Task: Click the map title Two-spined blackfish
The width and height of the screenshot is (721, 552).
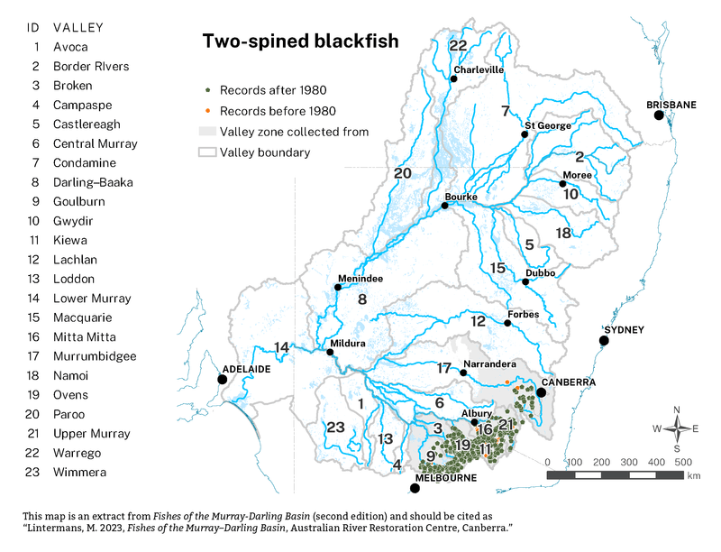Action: tap(300, 41)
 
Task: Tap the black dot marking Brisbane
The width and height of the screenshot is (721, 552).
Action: tap(659, 115)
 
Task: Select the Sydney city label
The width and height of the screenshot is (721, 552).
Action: tap(624, 330)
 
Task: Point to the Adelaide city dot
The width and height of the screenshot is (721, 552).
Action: tap(223, 380)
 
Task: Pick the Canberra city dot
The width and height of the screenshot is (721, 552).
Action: tap(542, 392)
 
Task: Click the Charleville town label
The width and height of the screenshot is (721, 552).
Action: tap(478, 69)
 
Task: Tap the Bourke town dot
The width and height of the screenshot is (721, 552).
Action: tap(444, 207)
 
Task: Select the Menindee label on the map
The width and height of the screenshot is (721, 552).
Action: tap(360, 279)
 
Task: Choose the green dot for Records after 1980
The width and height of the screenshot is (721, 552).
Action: tap(208, 90)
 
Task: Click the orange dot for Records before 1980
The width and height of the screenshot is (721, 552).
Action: tap(208, 111)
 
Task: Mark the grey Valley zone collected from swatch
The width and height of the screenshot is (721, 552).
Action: tap(208, 132)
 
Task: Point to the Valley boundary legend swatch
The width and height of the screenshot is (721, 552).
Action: tap(208, 152)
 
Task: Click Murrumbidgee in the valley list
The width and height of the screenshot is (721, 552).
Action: tap(95, 356)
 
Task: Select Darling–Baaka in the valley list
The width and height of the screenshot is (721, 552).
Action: tap(93, 182)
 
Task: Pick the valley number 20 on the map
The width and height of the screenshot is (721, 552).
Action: tap(402, 173)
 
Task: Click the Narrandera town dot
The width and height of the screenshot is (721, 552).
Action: tap(463, 373)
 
